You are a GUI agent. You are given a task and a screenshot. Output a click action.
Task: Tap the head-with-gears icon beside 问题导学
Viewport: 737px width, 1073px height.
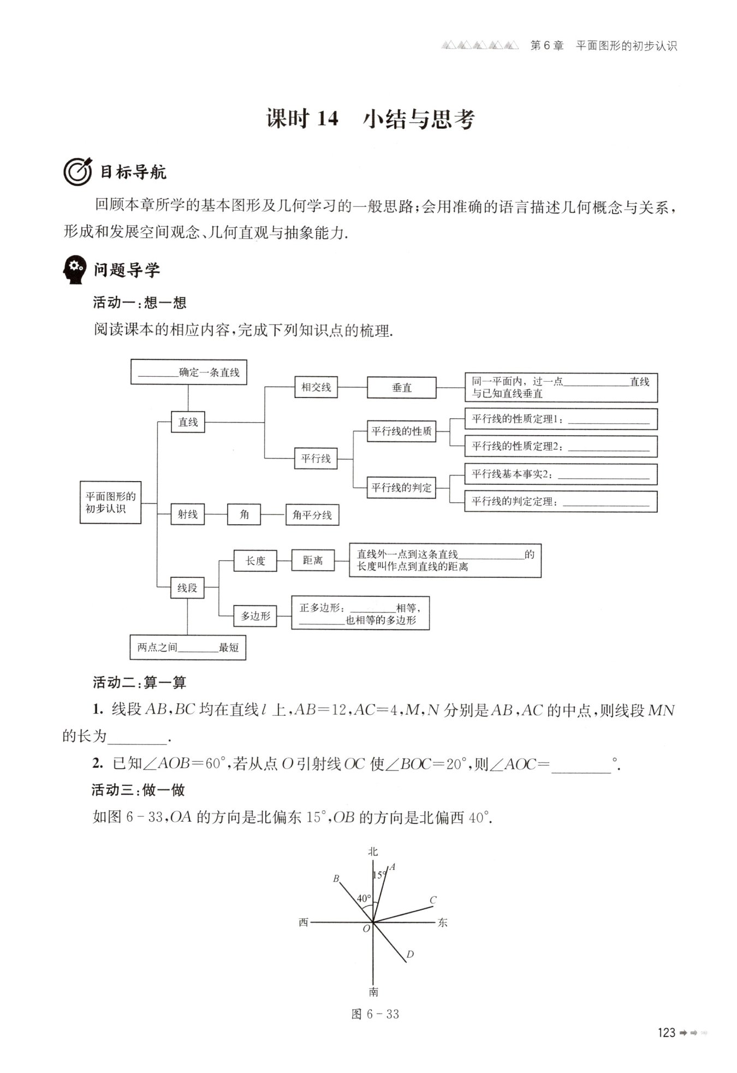tap(74, 270)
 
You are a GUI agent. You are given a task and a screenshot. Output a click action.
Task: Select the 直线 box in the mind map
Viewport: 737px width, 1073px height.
tap(188, 422)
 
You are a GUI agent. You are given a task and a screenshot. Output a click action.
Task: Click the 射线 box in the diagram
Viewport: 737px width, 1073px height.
tap(187, 514)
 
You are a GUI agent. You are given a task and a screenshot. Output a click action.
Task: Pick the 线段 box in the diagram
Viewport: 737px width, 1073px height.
tap(187, 588)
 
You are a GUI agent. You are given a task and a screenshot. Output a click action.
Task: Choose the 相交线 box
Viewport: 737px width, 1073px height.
tap(316, 387)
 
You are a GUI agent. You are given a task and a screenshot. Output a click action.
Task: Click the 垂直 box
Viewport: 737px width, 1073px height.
tap(401, 388)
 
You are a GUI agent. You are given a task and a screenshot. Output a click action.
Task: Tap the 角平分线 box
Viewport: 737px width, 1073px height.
tap(312, 514)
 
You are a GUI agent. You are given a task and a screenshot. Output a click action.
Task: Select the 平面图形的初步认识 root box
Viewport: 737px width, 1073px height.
tap(111, 502)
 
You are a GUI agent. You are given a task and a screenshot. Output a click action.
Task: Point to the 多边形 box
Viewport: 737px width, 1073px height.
tap(255, 616)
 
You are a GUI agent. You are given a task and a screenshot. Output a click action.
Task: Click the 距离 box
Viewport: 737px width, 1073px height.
tap(313, 560)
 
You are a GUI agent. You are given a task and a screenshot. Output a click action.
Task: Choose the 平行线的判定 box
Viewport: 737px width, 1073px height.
tap(401, 487)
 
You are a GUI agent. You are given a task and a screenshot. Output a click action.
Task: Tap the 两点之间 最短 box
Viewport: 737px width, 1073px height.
tap(188, 647)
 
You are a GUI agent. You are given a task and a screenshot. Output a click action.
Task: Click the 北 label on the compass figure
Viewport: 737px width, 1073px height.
tap(373, 851)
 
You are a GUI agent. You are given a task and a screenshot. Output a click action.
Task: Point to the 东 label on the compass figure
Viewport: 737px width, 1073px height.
tap(442, 922)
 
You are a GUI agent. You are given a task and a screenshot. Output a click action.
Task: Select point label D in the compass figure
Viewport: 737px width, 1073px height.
tap(410, 954)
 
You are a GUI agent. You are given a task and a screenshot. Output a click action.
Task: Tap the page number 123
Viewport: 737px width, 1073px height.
tap(667, 1033)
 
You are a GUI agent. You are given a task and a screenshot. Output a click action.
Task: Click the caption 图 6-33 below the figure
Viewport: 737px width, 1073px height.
tap(376, 1014)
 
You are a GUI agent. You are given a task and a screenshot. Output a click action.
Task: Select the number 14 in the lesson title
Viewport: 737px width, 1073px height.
tap(328, 118)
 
